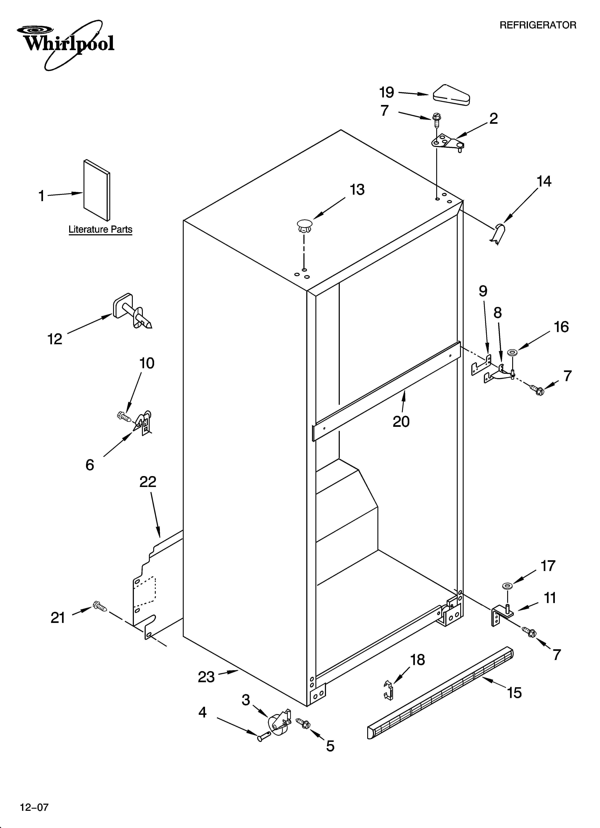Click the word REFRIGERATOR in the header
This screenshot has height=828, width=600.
tap(538, 25)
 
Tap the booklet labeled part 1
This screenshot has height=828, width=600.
tap(97, 191)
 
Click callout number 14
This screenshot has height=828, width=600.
tap(544, 181)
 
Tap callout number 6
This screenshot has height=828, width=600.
tap(90, 465)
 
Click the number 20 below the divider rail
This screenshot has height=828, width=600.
tap(401, 422)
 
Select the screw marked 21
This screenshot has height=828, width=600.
tap(99, 607)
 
